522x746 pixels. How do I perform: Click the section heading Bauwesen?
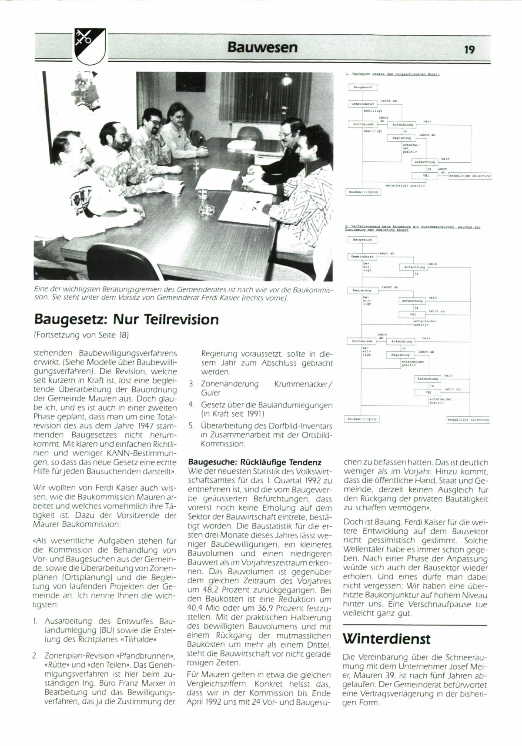[x=262, y=47]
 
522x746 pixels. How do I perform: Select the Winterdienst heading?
[x=386, y=639]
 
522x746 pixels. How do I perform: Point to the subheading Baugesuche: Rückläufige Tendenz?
[x=254, y=462]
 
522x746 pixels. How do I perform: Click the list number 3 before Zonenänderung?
[x=191, y=384]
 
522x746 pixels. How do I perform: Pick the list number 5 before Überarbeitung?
[x=191, y=426]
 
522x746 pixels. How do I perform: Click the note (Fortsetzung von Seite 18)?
[x=81, y=335]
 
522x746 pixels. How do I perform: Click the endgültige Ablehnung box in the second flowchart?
[x=468, y=420]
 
